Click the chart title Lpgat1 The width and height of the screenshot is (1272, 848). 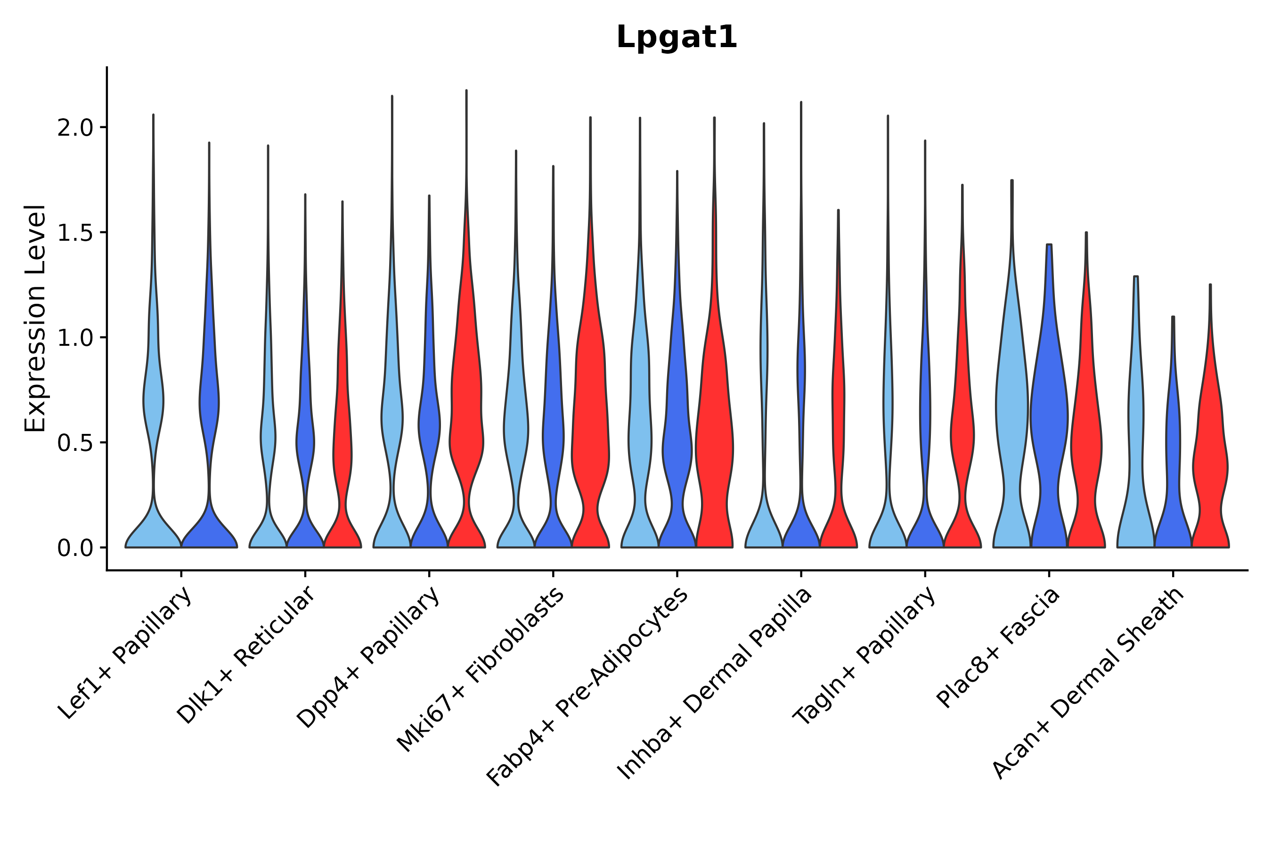coord(677,38)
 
